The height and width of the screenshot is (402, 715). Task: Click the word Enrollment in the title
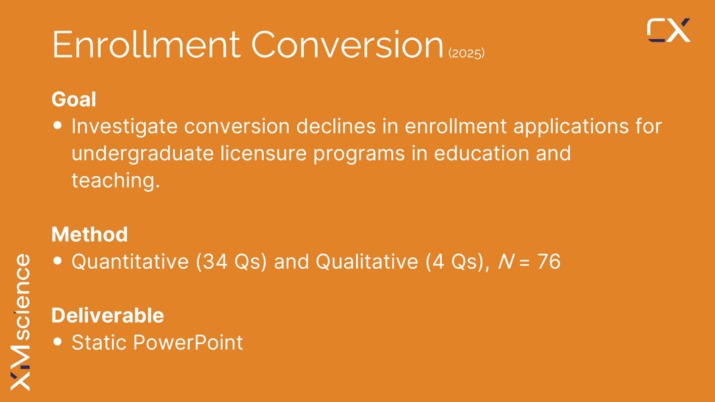pyautogui.click(x=147, y=45)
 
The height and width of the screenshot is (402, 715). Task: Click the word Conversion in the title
pyautogui.click(x=347, y=45)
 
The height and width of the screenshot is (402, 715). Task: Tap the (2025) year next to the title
pyautogui.click(x=466, y=53)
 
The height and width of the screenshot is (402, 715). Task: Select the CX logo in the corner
pyautogui.click(x=669, y=30)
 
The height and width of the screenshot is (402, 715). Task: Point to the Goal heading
pyautogui.click(x=74, y=99)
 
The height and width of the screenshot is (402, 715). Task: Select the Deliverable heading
pyautogui.click(x=108, y=315)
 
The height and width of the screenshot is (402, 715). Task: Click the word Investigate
pyautogui.click(x=125, y=126)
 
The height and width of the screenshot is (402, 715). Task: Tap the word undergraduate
pyautogui.click(x=143, y=154)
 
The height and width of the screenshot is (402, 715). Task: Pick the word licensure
pyautogui.click(x=264, y=153)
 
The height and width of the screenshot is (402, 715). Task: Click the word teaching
pyautogui.click(x=116, y=181)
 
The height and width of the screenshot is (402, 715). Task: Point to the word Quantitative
pyautogui.click(x=130, y=262)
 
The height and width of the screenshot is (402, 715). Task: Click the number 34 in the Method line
pyautogui.click(x=215, y=262)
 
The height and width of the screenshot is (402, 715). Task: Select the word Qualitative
pyautogui.click(x=367, y=262)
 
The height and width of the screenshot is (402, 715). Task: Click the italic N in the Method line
pyautogui.click(x=506, y=262)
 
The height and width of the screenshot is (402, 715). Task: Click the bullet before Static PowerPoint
pyautogui.click(x=58, y=341)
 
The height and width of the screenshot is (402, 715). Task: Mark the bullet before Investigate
pyautogui.click(x=58, y=125)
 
